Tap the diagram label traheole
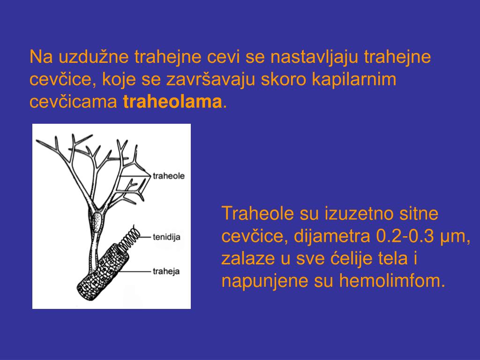pos(169,176)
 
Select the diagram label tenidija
pos(166,237)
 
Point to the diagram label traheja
pos(166,271)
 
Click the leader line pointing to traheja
pos(136,270)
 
